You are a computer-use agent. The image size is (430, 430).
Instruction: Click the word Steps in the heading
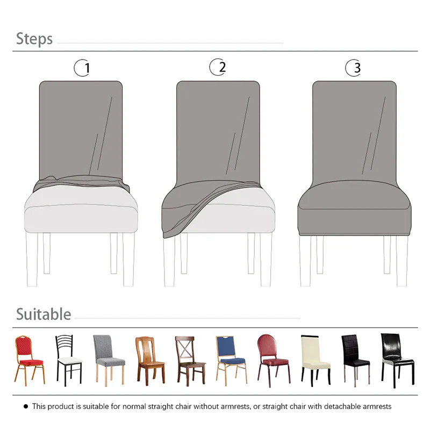click(x=34, y=39)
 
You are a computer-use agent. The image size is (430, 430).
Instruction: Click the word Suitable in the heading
click(x=44, y=314)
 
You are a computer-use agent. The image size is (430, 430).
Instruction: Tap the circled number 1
click(x=82, y=68)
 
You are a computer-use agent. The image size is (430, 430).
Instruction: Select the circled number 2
click(x=218, y=67)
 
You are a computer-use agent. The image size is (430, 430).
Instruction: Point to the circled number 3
click(x=353, y=68)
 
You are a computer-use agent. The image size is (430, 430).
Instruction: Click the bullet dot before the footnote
click(x=25, y=407)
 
